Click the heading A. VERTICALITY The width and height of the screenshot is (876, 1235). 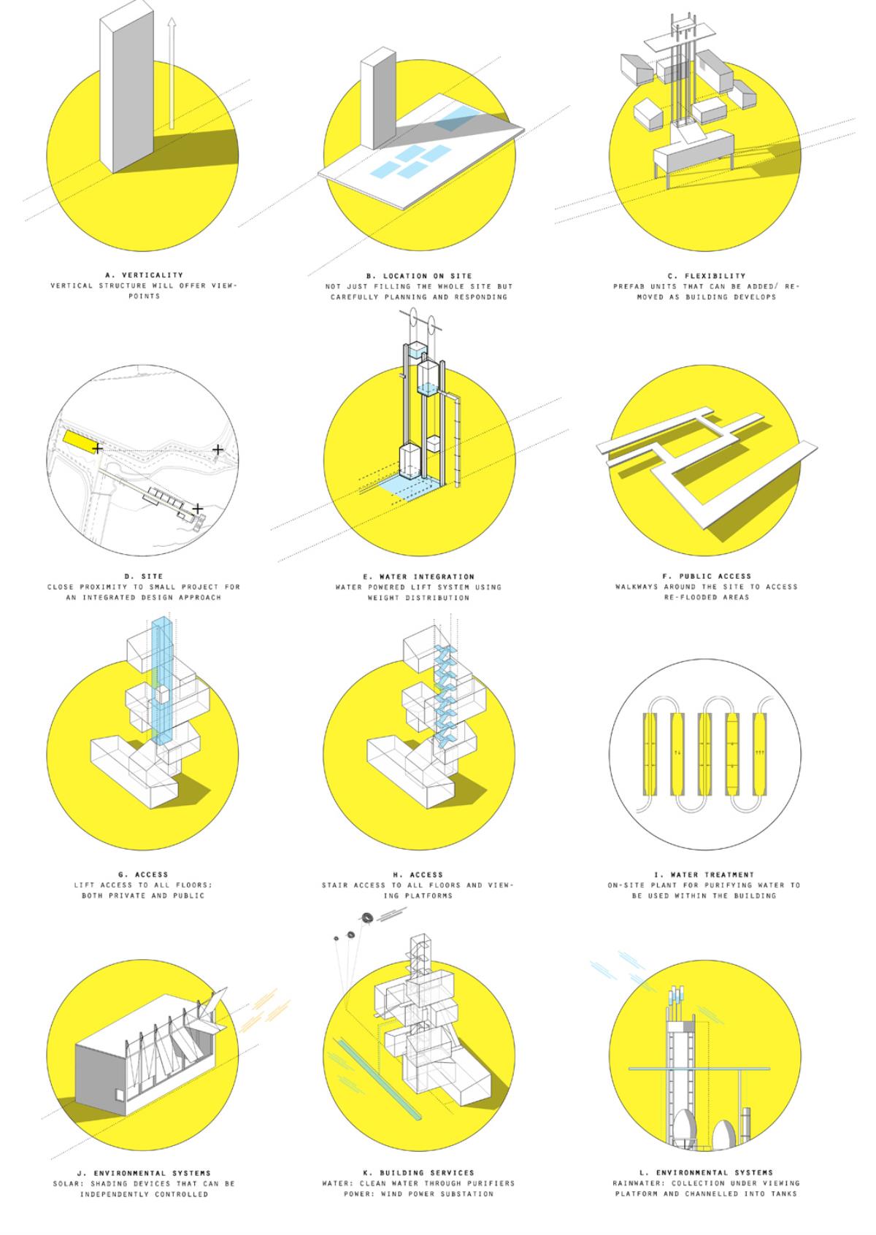pos(144,274)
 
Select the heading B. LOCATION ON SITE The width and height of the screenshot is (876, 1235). pos(419,276)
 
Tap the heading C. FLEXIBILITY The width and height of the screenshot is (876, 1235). pos(706,276)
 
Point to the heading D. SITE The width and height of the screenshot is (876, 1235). pos(143,576)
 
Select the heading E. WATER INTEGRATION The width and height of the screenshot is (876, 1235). pos(418,577)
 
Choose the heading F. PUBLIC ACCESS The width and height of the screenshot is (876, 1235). pos(707,576)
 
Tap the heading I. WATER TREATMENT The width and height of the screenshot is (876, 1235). pos(703,874)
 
